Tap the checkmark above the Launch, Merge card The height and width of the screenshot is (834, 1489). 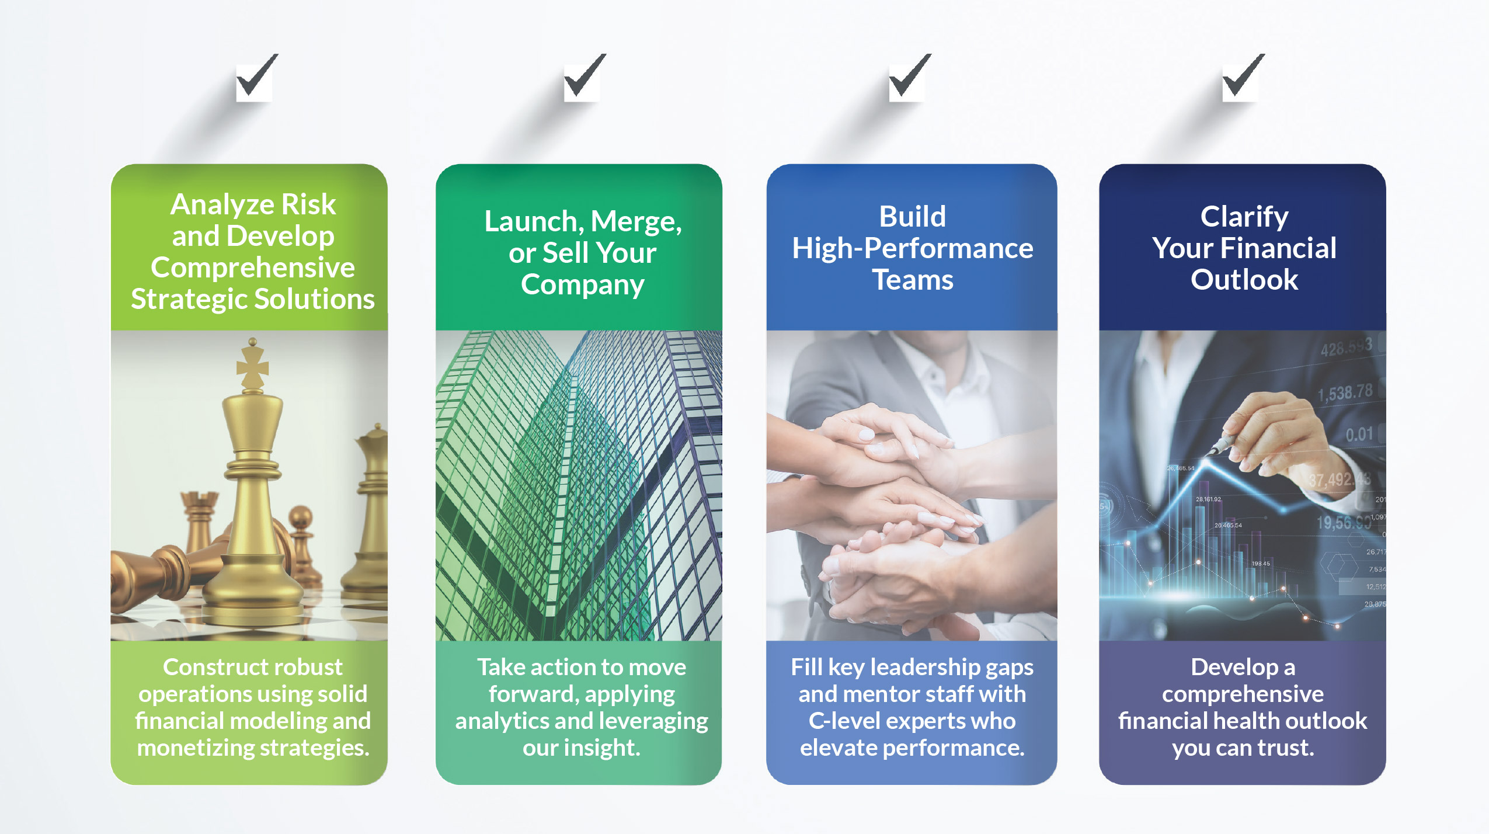(585, 76)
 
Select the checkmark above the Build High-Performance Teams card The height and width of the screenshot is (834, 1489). (910, 76)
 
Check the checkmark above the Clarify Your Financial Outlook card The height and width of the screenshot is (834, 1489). (1243, 76)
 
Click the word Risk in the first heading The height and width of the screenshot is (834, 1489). (308, 204)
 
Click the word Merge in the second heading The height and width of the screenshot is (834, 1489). (636, 222)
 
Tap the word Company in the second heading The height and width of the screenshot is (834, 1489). (583, 285)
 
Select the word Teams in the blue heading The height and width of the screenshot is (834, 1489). (913, 280)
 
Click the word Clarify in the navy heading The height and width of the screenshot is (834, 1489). (1244, 217)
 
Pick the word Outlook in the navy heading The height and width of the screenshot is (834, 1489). (1244, 280)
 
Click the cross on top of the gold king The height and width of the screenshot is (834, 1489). (252, 364)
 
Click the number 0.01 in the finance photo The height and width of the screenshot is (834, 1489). (1359, 435)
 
